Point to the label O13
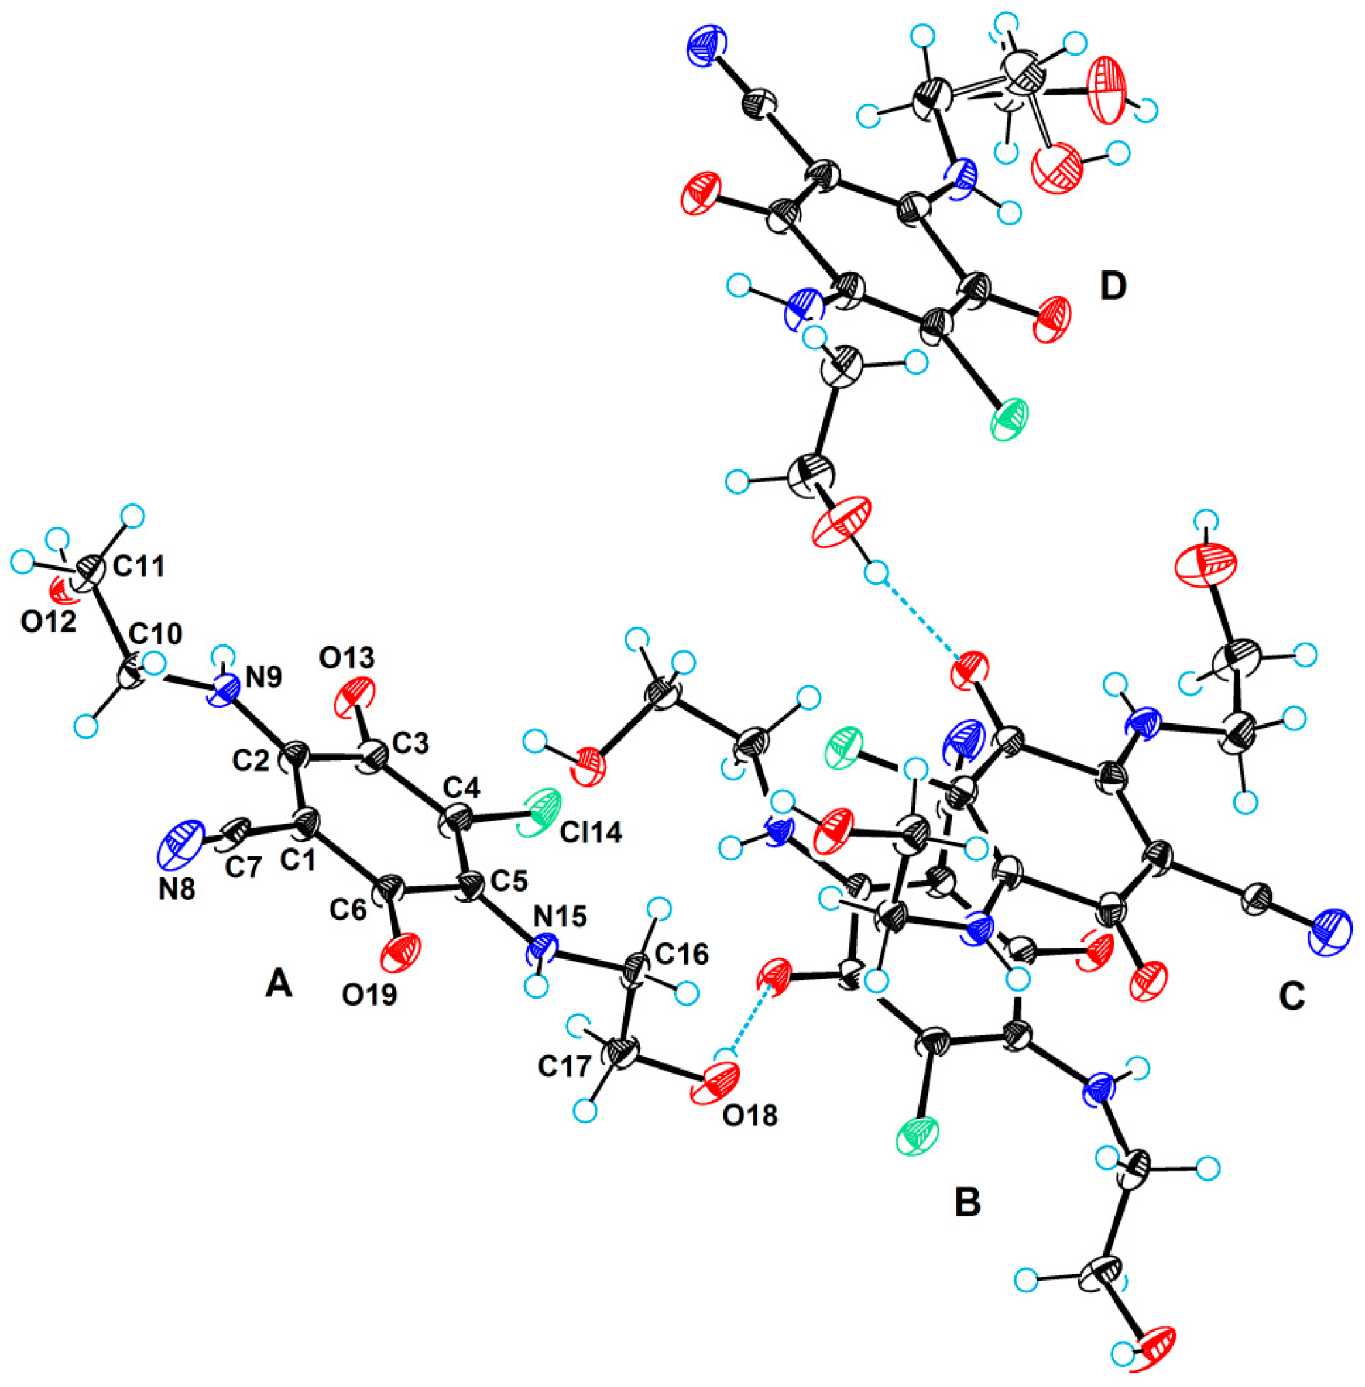347,657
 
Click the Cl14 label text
590,832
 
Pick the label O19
369,996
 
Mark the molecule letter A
279,986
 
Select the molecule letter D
1113,287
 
